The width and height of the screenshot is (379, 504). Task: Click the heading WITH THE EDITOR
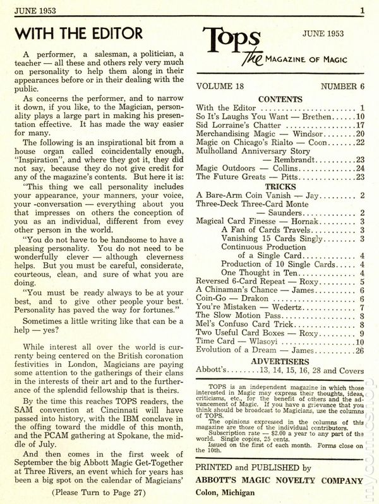click(x=78, y=32)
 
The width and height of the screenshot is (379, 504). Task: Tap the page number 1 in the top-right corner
click(x=363, y=9)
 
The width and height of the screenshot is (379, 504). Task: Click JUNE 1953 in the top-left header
click(x=36, y=9)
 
